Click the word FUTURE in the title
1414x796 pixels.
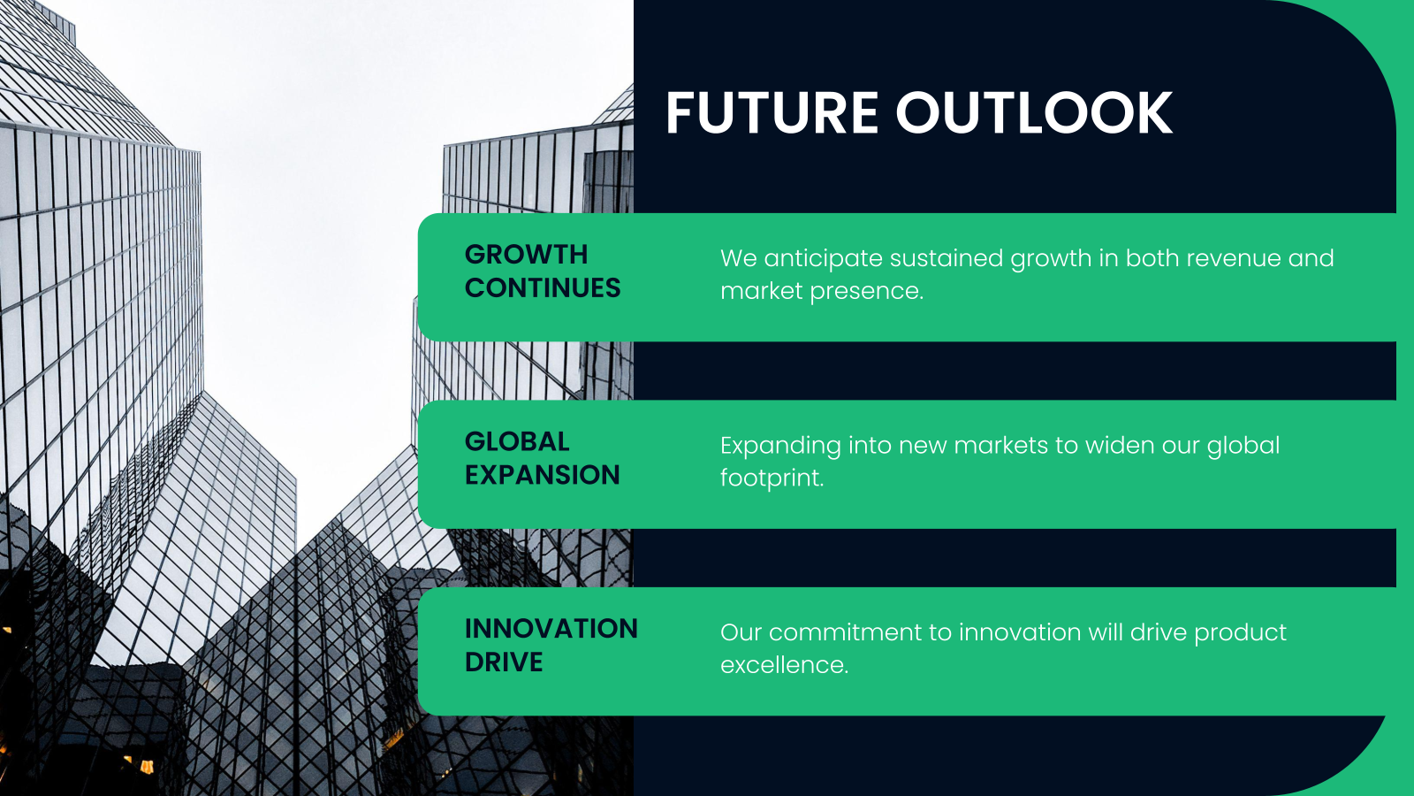coord(772,113)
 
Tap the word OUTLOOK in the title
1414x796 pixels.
coord(1034,113)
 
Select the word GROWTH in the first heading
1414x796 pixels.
coord(526,255)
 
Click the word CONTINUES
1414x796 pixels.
coord(543,288)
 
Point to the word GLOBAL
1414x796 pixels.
coord(517,441)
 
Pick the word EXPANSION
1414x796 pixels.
coord(543,475)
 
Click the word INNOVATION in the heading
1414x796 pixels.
coord(551,629)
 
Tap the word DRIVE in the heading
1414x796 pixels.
coord(504,662)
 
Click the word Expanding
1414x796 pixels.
coord(779,447)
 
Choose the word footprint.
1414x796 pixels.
coord(771,478)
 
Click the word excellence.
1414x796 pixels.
coord(783,665)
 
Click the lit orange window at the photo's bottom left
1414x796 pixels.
coord(145,765)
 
